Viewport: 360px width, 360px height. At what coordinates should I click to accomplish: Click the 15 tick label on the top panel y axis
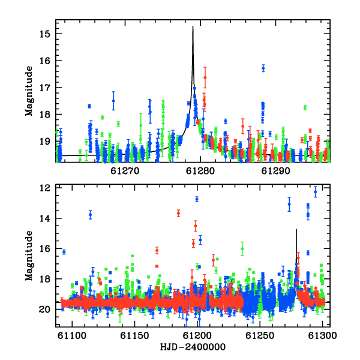(44, 34)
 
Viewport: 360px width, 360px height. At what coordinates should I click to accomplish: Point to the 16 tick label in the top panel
(44, 61)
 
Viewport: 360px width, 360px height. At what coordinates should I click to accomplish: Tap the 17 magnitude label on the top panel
(44, 88)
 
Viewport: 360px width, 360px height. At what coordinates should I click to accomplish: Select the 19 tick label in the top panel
(44, 142)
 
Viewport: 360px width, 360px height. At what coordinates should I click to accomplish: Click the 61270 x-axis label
(125, 171)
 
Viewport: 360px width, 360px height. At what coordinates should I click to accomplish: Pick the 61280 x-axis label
(200, 171)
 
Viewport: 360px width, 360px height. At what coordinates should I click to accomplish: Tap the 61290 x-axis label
(275, 171)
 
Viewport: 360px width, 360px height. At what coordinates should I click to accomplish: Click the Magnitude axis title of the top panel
(29, 91)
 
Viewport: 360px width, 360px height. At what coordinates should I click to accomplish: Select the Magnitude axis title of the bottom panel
(29, 256)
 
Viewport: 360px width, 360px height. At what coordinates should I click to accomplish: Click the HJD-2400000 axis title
(193, 347)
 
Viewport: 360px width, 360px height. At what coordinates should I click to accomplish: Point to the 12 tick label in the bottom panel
(44, 188)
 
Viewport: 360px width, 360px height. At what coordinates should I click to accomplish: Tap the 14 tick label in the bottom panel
(44, 218)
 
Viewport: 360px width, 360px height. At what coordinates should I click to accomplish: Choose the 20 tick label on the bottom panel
(44, 310)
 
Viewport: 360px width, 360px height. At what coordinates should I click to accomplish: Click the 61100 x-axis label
(72, 335)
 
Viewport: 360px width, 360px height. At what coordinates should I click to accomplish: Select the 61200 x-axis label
(197, 335)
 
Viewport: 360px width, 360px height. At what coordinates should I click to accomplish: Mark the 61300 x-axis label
(322, 335)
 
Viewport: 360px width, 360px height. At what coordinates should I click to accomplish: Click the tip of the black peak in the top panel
(193, 26)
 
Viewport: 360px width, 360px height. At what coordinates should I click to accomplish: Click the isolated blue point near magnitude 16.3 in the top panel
(263, 68)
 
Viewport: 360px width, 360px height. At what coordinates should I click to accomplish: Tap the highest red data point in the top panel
(205, 77)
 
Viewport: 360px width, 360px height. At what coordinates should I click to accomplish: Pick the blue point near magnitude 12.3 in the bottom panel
(316, 192)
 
